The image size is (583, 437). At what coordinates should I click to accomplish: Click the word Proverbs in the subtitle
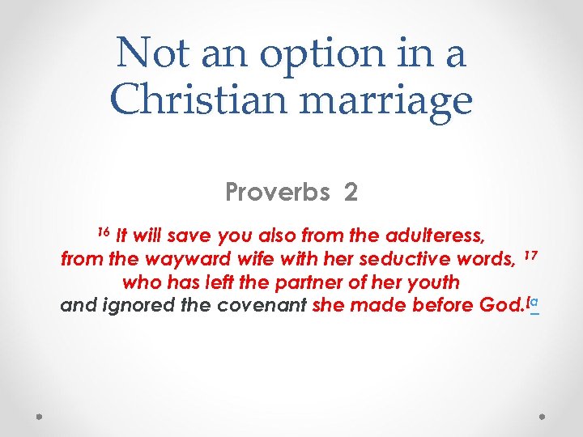point(277,193)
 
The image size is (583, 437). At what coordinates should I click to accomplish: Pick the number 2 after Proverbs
point(351,193)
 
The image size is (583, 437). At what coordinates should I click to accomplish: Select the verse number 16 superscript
point(103,233)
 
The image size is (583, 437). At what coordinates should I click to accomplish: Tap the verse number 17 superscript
point(530,256)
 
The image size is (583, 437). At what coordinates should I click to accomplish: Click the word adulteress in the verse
point(437,236)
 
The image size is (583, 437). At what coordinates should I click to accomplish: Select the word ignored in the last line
point(138,306)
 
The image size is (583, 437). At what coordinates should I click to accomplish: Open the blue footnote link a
point(535,303)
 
